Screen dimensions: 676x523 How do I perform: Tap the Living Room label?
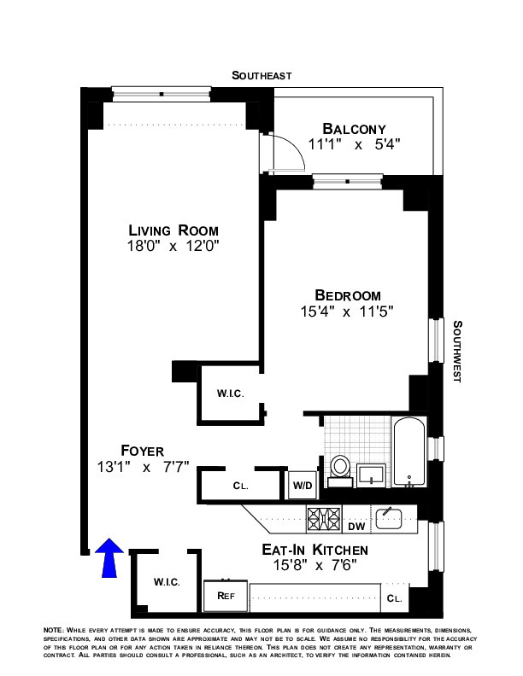(x=173, y=230)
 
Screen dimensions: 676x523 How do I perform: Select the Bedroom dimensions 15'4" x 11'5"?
(x=347, y=312)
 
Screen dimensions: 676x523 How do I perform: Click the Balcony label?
(x=354, y=128)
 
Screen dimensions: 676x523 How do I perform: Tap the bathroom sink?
(x=372, y=472)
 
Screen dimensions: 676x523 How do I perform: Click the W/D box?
(x=301, y=486)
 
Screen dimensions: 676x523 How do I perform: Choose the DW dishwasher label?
(x=356, y=527)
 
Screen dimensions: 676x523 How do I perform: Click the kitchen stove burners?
(x=325, y=516)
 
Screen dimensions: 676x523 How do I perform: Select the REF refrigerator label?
(x=226, y=595)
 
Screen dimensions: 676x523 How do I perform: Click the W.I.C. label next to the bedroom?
(x=230, y=393)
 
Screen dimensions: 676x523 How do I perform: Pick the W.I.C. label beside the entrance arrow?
(x=166, y=582)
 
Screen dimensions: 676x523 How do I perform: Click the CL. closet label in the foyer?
(x=240, y=486)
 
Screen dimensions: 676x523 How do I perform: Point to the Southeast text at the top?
(x=261, y=76)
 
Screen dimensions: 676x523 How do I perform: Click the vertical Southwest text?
(x=458, y=350)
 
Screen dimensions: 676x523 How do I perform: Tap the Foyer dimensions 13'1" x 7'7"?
(x=143, y=467)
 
